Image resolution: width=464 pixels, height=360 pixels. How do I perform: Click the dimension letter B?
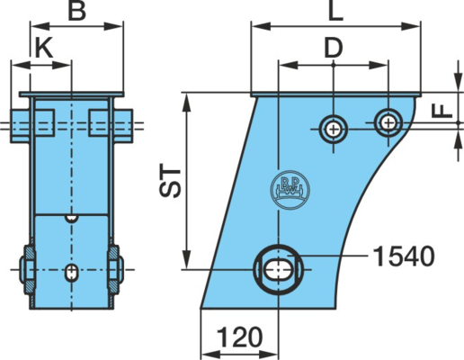(x=77, y=11)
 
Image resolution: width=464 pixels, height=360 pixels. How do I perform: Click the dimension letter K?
(x=44, y=48)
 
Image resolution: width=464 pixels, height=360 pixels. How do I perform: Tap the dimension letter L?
(x=335, y=11)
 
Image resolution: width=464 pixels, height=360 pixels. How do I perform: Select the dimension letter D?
(x=334, y=48)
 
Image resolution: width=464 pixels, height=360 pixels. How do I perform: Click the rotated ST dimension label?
(x=170, y=180)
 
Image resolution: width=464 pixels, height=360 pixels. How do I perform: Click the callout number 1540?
(x=404, y=256)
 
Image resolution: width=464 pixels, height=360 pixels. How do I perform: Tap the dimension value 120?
(x=239, y=337)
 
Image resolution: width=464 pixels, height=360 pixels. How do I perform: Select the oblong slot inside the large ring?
(x=279, y=269)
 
